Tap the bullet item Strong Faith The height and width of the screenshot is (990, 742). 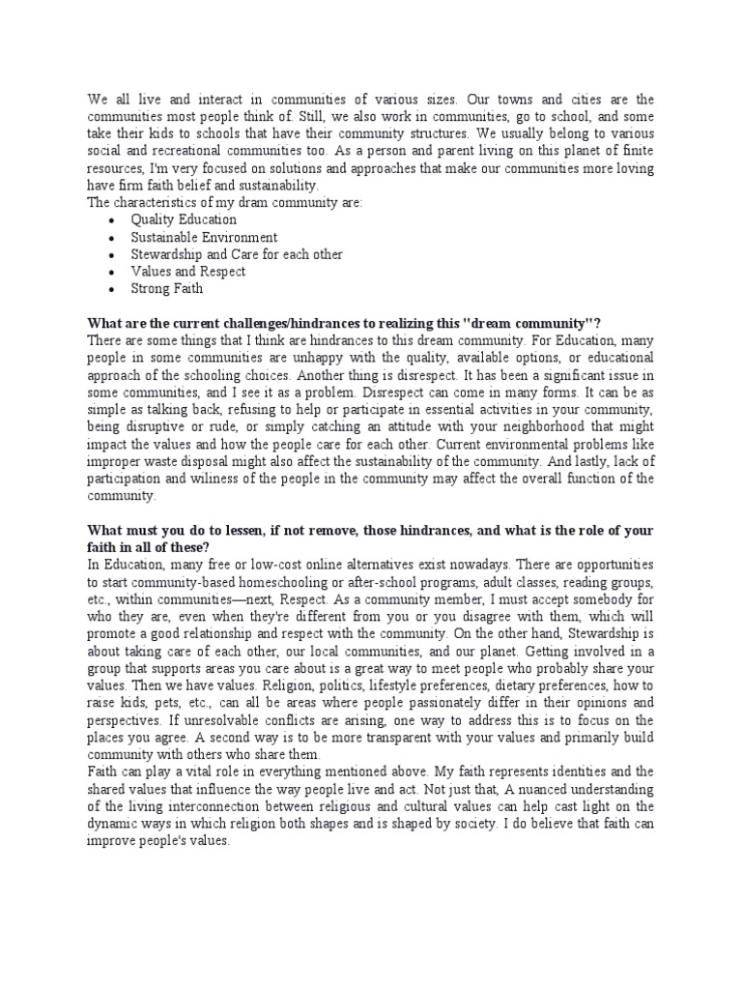pos(167,289)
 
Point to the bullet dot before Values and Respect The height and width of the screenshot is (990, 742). pos(113,273)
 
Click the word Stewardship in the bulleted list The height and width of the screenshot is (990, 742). pos(167,254)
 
